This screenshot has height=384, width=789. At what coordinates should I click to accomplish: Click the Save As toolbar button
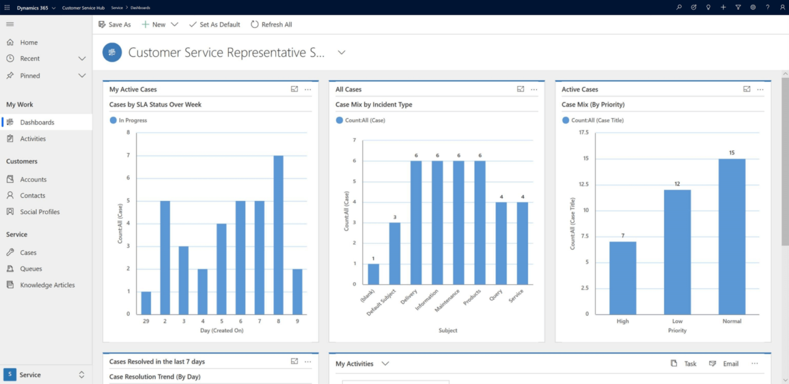click(x=114, y=25)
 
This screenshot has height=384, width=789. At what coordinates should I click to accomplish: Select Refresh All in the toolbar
click(x=271, y=25)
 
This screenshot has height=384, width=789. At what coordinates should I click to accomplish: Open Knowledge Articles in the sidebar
click(x=47, y=285)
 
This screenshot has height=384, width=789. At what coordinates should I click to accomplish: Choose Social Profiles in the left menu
click(x=39, y=212)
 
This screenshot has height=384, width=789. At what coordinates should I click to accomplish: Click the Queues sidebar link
click(x=31, y=269)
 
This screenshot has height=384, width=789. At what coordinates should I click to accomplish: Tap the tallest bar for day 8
click(x=278, y=234)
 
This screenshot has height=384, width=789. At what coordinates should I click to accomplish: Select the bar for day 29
click(x=146, y=303)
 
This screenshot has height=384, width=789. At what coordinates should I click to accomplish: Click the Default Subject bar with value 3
click(x=395, y=253)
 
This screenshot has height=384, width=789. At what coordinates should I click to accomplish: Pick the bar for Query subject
click(x=501, y=243)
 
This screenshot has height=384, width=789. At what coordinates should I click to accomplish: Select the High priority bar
click(x=623, y=278)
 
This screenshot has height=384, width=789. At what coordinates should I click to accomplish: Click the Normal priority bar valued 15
click(x=732, y=236)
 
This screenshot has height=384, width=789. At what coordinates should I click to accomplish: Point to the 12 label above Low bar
click(x=677, y=184)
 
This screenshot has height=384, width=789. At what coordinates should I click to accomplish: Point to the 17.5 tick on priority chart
click(x=583, y=132)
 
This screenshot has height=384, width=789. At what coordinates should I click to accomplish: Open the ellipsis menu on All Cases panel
click(x=534, y=89)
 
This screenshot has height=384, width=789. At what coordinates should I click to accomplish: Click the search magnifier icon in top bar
click(x=678, y=7)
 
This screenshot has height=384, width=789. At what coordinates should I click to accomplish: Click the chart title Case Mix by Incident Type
click(x=374, y=105)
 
